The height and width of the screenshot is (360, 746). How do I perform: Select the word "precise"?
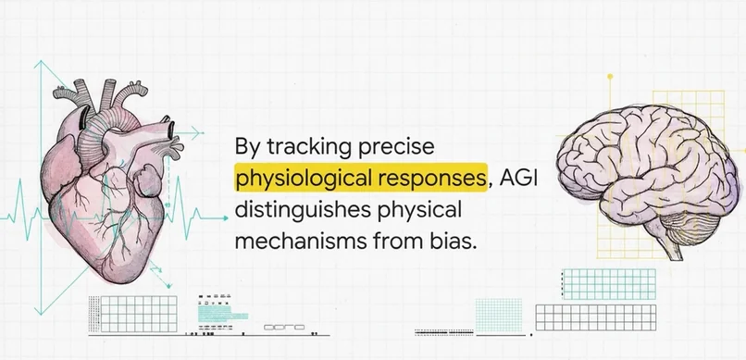[x=396, y=147]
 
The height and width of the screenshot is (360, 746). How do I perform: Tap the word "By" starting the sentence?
[x=247, y=147]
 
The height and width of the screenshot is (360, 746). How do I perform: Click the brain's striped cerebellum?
[x=689, y=228]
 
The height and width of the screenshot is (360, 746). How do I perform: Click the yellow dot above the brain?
[x=610, y=76]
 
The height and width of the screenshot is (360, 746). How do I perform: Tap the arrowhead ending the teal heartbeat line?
[x=225, y=218]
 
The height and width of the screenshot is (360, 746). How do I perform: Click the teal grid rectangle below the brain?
[x=609, y=284]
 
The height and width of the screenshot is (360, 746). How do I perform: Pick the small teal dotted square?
[x=499, y=315]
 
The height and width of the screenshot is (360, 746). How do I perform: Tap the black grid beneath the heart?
[x=139, y=314]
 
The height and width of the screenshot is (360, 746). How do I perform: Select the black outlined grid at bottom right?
[x=596, y=317]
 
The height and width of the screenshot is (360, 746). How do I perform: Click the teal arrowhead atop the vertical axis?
[x=41, y=65]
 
